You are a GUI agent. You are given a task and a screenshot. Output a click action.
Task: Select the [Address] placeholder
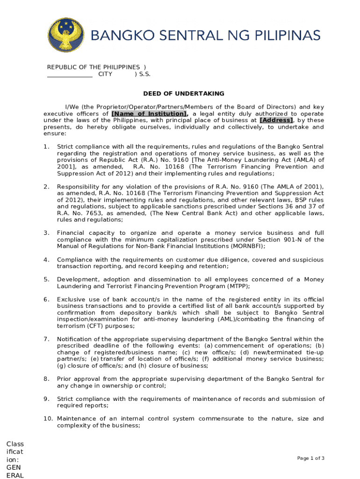point(276,120)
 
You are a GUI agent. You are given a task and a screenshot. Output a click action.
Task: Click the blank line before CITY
point(70,74)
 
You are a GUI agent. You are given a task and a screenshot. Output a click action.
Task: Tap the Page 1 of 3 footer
point(311,458)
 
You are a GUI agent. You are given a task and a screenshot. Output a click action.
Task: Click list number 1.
point(46,147)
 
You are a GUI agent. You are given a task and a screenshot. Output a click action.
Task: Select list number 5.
point(46,279)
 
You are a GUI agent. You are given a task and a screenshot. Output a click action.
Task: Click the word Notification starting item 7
point(75,339)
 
